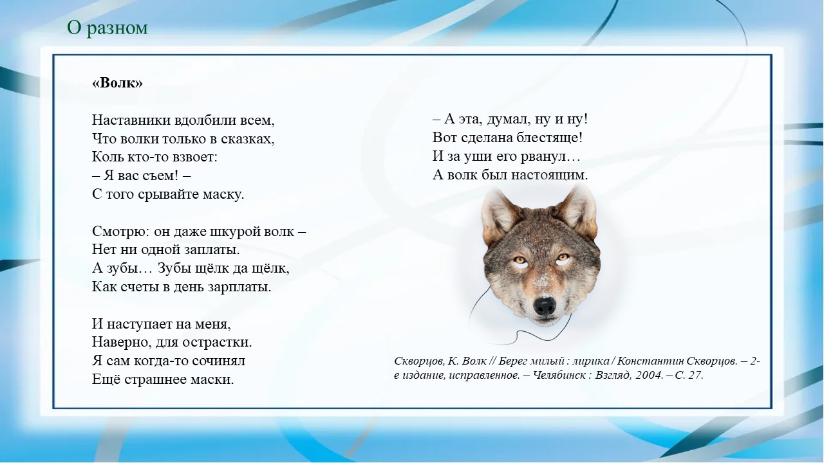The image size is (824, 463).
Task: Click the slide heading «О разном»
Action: point(108,28)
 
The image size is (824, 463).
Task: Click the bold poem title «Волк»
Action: point(117,83)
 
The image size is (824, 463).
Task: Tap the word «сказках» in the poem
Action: point(251,138)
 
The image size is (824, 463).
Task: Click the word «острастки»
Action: point(220,342)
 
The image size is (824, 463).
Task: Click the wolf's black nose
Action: point(545,305)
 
